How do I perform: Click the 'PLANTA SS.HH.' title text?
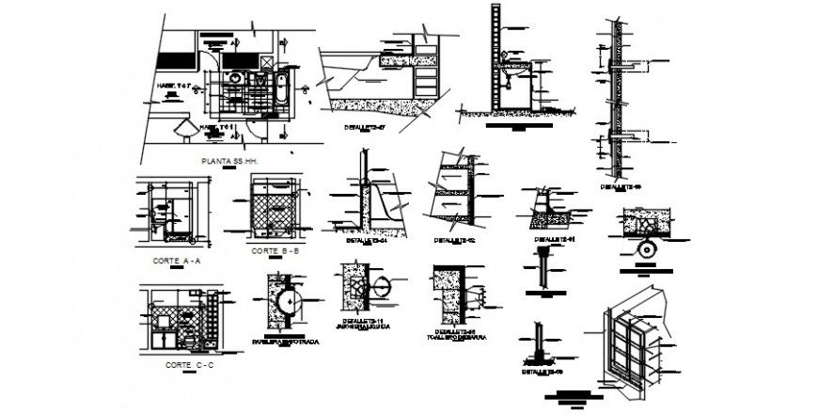coord(229,161)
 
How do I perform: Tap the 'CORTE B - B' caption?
coord(275,251)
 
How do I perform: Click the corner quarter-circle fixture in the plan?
coord(184,129)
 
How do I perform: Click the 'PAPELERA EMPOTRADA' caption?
coord(284,342)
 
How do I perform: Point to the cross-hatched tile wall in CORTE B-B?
coord(275,212)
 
